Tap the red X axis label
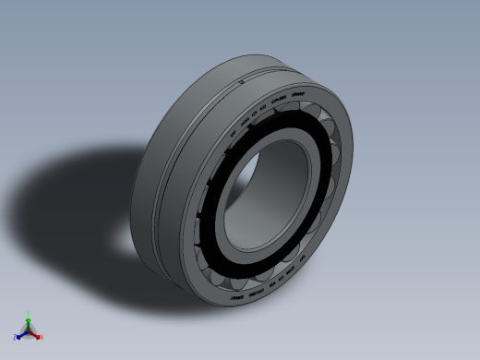[x=41, y=337]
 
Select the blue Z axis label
[x=16, y=337]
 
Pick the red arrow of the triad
[x=36, y=331]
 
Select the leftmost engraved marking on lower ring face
[x=231, y=298]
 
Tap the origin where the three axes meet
[x=29, y=328]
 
